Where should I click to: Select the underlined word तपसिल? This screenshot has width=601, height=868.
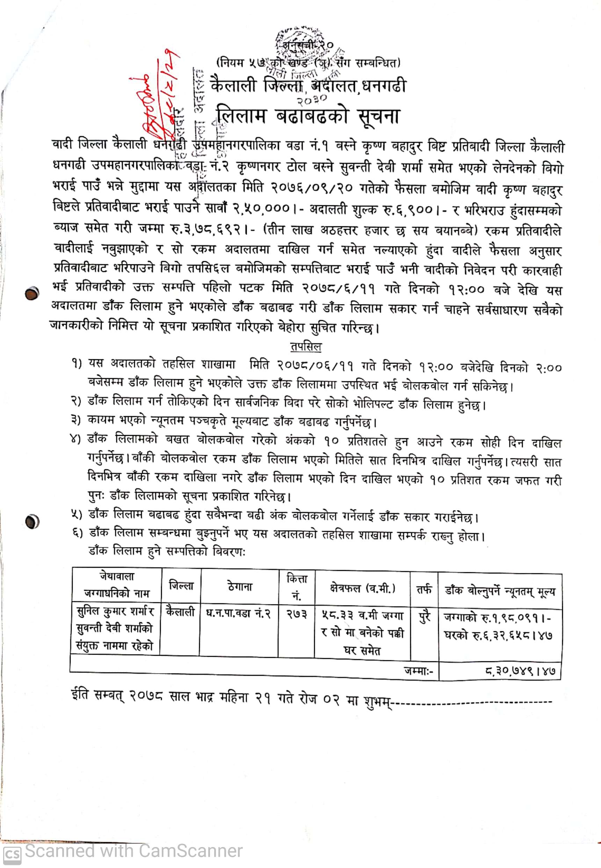306,346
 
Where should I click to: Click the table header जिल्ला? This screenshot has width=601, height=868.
181,586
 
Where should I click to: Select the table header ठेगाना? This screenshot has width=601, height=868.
239,587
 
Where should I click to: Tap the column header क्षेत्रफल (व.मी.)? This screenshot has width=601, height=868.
362,588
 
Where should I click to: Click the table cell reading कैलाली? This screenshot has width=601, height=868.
180,612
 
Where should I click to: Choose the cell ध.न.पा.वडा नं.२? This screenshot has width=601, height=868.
238,613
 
